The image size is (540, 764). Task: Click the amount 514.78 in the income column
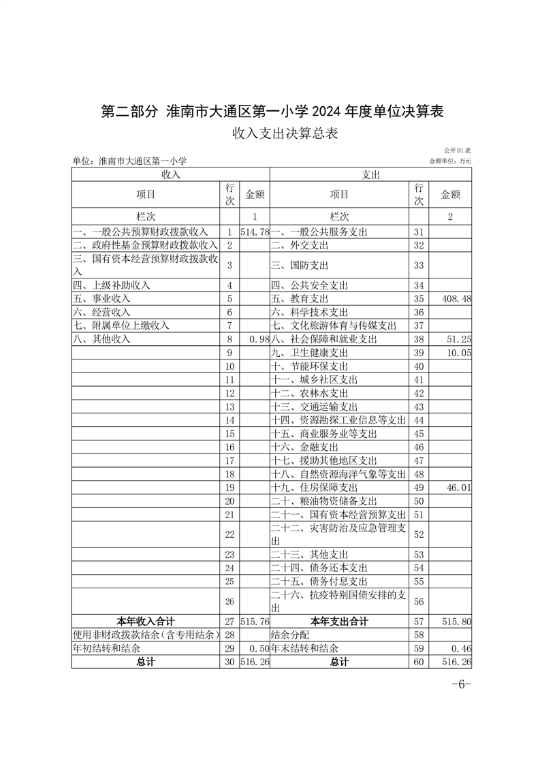(x=255, y=232)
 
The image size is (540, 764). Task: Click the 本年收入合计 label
(x=146, y=621)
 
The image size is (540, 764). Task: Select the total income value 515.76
(x=255, y=622)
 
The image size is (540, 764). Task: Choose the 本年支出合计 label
(x=339, y=621)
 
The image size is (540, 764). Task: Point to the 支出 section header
(x=371, y=175)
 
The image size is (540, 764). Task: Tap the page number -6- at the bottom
(x=461, y=684)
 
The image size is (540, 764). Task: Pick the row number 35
(x=418, y=299)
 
